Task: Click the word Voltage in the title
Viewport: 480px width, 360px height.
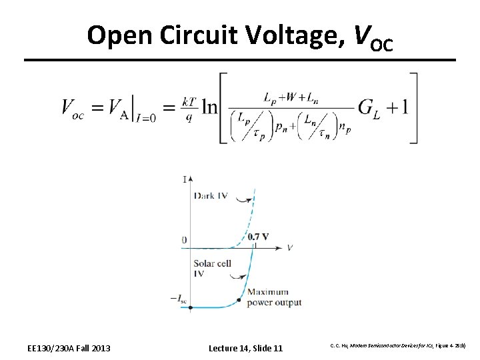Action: pyautogui.click(x=297, y=36)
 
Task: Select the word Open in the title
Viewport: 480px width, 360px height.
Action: pyautogui.click(x=120, y=36)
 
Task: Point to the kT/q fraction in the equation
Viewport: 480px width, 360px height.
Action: pyautogui.click(x=189, y=107)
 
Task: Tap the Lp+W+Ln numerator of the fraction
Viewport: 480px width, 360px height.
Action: pyautogui.click(x=289, y=97)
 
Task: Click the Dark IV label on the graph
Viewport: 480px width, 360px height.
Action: pyautogui.click(x=211, y=195)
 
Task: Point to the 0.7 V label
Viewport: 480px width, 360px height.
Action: pyautogui.click(x=258, y=237)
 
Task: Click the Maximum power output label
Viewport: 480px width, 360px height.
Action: pyautogui.click(x=273, y=297)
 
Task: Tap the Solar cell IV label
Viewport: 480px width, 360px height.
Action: pyautogui.click(x=212, y=268)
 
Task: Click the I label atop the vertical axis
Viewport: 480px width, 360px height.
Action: pyautogui.click(x=184, y=179)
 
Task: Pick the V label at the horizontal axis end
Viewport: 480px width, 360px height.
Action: pyautogui.click(x=290, y=248)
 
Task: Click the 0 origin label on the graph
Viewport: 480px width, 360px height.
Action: pyautogui.click(x=184, y=240)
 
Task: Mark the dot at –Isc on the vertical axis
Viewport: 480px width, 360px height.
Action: pyautogui.click(x=191, y=307)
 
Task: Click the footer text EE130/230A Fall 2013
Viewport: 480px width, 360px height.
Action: pyautogui.click(x=69, y=348)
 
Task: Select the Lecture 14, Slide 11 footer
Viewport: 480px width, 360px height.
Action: pyautogui.click(x=245, y=348)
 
